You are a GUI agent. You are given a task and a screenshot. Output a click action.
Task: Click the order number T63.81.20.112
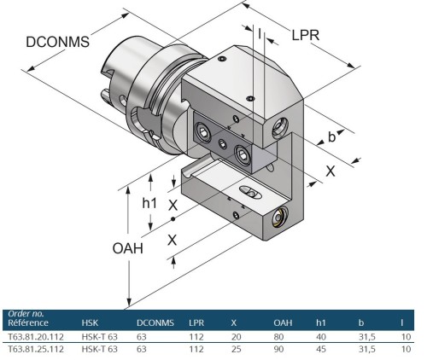click(36, 336)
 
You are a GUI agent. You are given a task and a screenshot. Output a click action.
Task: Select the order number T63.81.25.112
click(36, 348)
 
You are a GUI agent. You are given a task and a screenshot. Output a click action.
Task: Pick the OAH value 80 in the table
click(278, 336)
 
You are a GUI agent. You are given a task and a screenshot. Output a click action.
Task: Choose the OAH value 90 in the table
click(278, 348)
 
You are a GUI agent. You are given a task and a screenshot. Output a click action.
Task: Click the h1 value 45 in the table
click(320, 348)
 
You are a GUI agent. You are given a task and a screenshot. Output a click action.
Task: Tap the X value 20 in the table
click(234, 336)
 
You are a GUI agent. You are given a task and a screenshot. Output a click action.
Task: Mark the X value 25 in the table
click(234, 348)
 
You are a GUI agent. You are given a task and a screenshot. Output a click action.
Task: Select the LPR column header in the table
click(196, 323)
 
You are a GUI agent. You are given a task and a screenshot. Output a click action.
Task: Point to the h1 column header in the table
click(320, 323)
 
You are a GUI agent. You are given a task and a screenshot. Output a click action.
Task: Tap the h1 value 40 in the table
click(320, 336)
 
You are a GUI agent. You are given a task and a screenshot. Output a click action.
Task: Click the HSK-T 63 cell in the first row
click(99, 336)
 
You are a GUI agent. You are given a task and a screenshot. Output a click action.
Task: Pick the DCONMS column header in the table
click(155, 323)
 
